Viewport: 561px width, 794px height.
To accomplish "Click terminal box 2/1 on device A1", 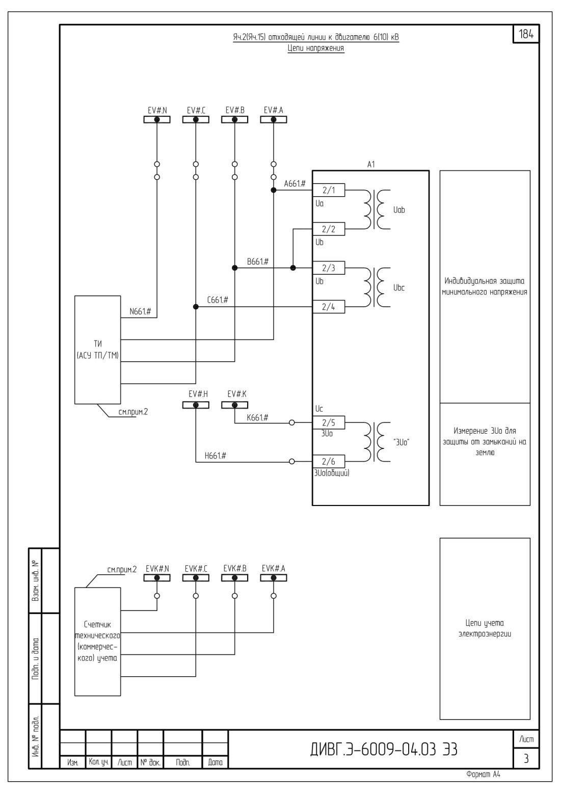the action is coord(329,191).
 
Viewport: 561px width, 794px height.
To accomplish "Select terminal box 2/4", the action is coord(329,307).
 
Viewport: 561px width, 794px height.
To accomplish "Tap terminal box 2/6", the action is coord(329,462).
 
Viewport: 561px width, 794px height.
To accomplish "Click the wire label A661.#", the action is coord(295,183).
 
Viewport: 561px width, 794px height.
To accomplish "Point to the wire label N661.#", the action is coord(140,311).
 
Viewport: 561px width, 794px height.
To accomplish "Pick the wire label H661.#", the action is coord(216,456).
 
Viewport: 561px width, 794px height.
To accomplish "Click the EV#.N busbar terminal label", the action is coord(157,111).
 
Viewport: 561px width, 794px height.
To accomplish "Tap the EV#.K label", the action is coord(237,394).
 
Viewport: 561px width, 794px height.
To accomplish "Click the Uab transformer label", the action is coord(399,210).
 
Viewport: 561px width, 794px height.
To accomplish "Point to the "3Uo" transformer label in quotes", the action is coord(401,442).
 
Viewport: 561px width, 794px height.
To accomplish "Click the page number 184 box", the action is coord(526,34).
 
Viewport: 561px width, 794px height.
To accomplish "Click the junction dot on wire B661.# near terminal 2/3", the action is coord(292,268).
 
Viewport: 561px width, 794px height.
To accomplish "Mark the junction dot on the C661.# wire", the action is coord(196,307).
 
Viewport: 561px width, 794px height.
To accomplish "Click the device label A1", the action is coord(371,165).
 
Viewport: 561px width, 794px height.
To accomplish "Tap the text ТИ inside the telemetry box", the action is coord(98,344).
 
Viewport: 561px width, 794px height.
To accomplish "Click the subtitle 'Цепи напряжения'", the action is coord(316,48).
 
